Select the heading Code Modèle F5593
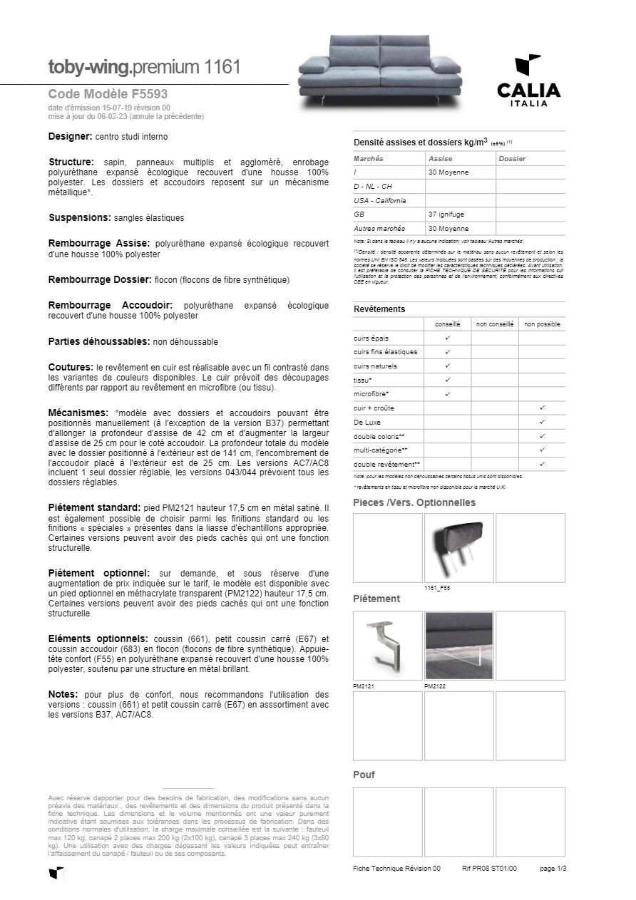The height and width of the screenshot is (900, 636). point(108,93)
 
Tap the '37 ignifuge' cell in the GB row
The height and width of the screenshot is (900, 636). point(446,214)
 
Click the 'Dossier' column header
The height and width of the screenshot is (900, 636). point(512,159)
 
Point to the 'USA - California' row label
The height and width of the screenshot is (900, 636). point(379,200)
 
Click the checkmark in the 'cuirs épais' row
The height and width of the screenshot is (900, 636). point(448,338)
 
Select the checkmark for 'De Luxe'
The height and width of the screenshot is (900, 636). point(542,422)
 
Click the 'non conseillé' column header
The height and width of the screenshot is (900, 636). point(495,324)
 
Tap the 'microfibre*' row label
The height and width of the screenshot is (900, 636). point(371,394)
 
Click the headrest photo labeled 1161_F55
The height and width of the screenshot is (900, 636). point(458,547)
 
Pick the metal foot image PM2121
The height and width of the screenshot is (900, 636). point(387,646)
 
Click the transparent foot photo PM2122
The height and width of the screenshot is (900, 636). point(458,646)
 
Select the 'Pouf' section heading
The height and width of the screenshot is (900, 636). point(364,775)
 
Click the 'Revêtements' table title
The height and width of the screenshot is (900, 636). point(379,309)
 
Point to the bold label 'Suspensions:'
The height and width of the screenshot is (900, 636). point(79,217)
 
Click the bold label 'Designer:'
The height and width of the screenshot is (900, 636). point(70,136)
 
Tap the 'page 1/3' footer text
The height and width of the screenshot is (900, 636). point(553,869)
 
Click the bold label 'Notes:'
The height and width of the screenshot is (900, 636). point(63,694)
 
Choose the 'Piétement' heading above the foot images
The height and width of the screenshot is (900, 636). point(376,599)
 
